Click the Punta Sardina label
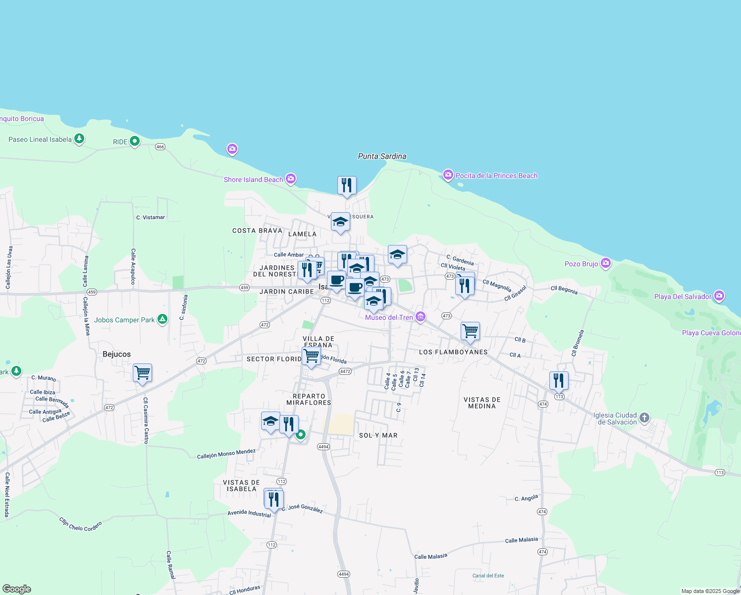(x=382, y=156)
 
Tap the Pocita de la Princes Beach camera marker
(x=448, y=175)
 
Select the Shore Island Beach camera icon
(x=291, y=178)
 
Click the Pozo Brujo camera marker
(x=606, y=263)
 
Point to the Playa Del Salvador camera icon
(x=719, y=296)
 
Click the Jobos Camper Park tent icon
(x=162, y=319)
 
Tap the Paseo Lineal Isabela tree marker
(x=79, y=139)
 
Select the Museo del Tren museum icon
(x=420, y=317)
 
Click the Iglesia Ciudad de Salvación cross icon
(x=644, y=417)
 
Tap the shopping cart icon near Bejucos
(x=142, y=372)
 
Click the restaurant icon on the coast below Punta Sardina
(x=347, y=185)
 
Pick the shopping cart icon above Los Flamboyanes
(x=470, y=331)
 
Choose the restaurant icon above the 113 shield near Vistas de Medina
(x=559, y=381)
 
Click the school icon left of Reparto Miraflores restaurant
(x=270, y=421)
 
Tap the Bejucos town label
(x=116, y=354)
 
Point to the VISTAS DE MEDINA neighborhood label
(x=482, y=403)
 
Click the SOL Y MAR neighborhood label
(x=378, y=435)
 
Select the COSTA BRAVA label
(x=257, y=231)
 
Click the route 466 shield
(x=160, y=147)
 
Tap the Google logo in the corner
(x=16, y=589)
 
